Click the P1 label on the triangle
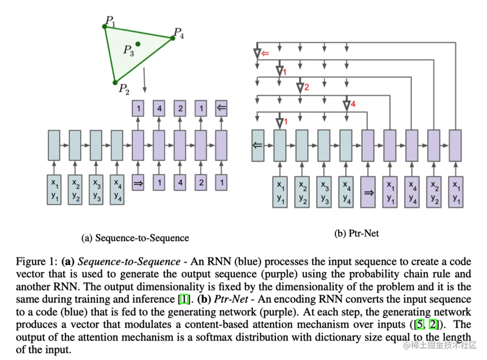click(111, 21)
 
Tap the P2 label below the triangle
click(123, 89)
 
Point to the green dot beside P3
click(138, 44)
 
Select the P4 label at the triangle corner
click(179, 33)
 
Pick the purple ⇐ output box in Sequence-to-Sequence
click(222, 108)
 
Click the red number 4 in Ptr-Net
click(353, 104)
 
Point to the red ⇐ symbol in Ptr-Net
click(265, 54)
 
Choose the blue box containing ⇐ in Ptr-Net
click(258, 145)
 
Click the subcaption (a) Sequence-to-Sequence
click(135, 238)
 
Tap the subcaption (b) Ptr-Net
click(357, 233)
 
